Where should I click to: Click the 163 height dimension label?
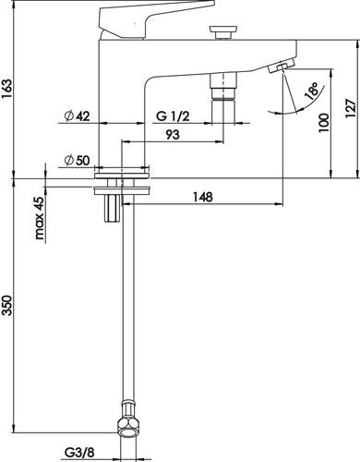coord(6,90)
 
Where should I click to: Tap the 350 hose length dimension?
coord(6,305)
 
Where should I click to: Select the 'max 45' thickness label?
coord(40,219)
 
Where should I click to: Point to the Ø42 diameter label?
coord(77,116)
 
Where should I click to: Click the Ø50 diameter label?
coord(77,160)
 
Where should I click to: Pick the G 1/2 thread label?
coord(173,116)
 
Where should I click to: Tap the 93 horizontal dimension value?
coord(173,135)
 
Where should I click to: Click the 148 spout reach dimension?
coord(203,197)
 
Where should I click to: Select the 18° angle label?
coord(312,90)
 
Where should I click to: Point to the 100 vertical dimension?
coord(324,123)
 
